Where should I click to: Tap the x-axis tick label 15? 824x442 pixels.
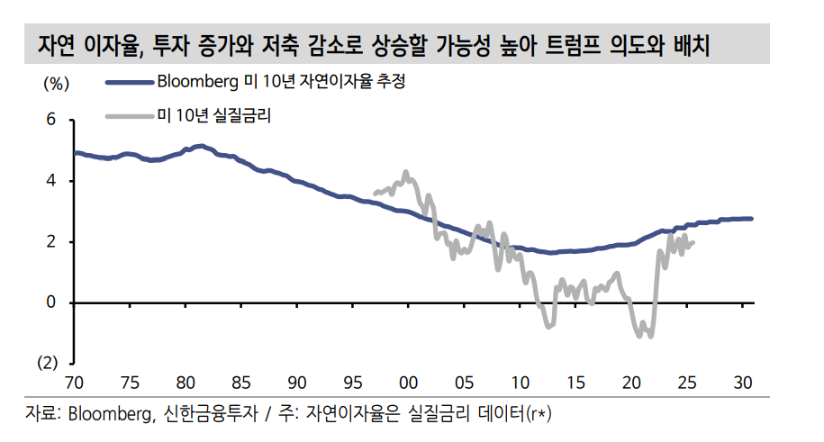[x=576, y=380]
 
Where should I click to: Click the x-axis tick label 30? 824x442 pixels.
[x=744, y=380]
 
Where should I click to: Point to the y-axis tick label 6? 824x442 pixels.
[x=51, y=120]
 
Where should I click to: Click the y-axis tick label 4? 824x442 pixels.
[x=51, y=181]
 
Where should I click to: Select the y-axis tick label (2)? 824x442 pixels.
[x=47, y=364]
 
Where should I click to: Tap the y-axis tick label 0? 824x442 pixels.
[x=51, y=303]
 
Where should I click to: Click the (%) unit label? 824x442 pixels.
[x=56, y=84]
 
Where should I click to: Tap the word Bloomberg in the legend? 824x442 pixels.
[x=197, y=83]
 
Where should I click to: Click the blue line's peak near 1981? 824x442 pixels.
[x=200, y=145]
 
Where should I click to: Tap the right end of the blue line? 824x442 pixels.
[x=752, y=219]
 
